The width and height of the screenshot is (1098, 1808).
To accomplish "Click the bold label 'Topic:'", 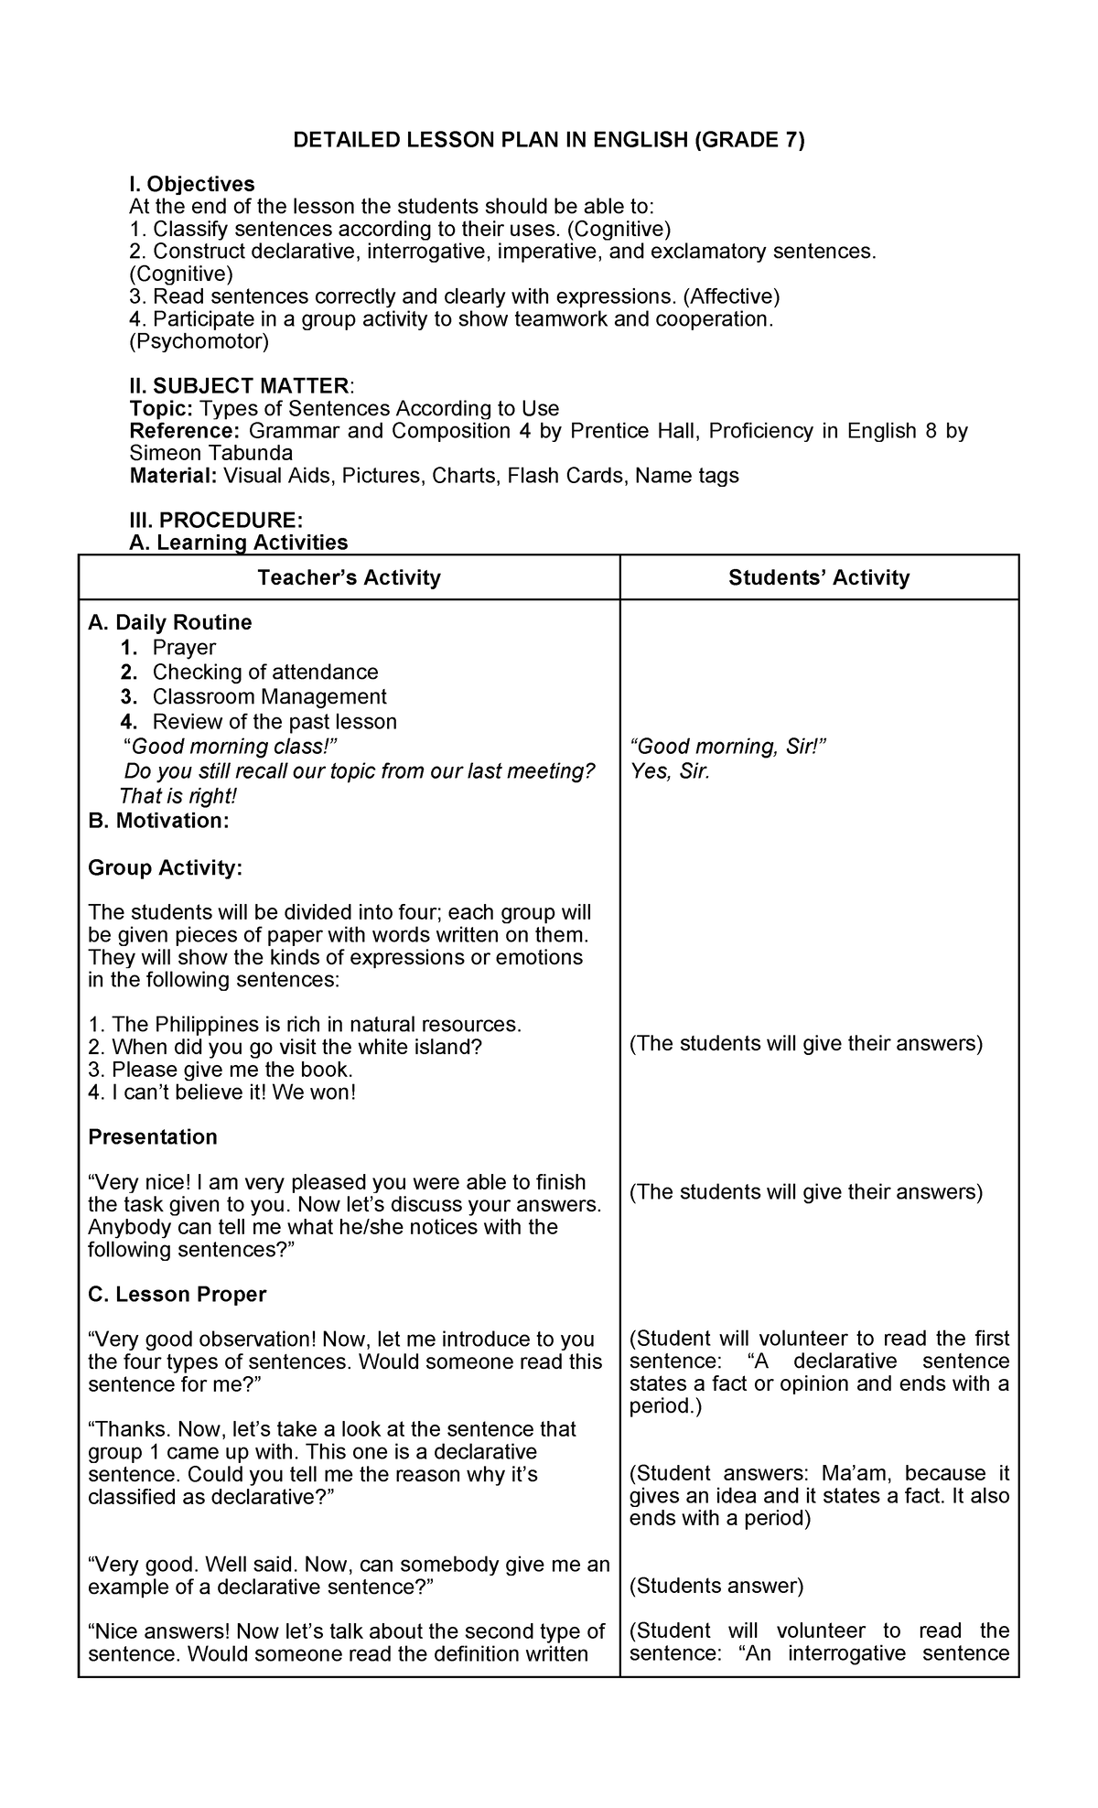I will click(x=161, y=408).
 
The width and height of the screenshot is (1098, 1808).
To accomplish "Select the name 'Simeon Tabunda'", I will click(x=211, y=453).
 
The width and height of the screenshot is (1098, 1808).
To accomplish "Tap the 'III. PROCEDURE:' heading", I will click(x=216, y=521).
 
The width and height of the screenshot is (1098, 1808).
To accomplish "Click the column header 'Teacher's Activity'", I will click(x=349, y=577).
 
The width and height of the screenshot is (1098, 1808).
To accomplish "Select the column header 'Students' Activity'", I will click(x=819, y=577).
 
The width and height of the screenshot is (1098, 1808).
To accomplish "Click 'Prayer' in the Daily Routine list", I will click(x=184, y=648).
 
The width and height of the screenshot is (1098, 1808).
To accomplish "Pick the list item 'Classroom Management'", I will click(x=269, y=697).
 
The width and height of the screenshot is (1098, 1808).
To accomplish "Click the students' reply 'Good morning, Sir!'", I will click(x=728, y=747).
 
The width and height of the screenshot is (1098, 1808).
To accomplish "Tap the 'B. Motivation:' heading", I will click(x=158, y=821).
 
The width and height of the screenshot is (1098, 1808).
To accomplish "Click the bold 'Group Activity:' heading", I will click(x=166, y=867).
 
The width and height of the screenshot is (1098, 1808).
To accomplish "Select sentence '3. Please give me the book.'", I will click(x=221, y=1070).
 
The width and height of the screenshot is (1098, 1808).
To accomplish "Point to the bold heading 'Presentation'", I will click(x=153, y=1136).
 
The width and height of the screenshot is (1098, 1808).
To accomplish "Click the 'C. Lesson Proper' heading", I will click(x=177, y=1294).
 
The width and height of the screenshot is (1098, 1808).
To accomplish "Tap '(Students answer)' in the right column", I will click(x=716, y=1586).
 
